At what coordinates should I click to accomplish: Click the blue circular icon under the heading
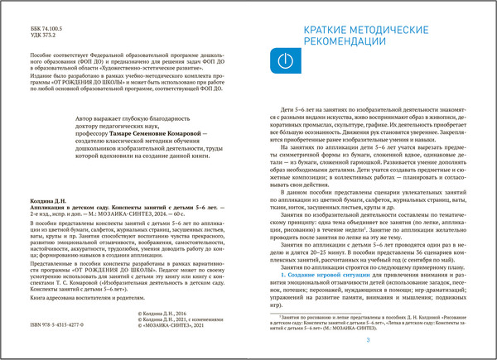pos(283,61)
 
